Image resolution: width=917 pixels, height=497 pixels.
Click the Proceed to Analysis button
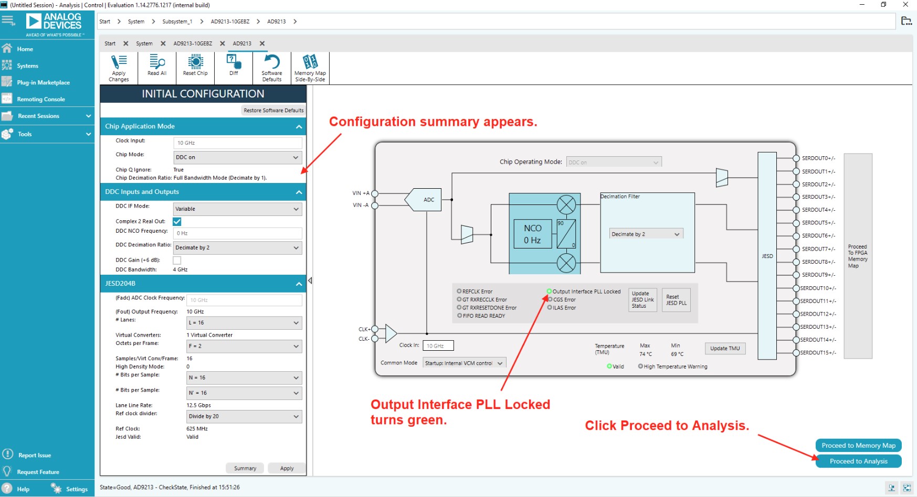point(858,461)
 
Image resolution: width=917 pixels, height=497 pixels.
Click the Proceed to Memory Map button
point(858,446)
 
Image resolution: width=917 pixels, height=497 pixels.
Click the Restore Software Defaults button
point(273,111)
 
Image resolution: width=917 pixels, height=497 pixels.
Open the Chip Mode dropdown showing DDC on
point(237,157)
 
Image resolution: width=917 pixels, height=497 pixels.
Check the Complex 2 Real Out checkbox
point(177,222)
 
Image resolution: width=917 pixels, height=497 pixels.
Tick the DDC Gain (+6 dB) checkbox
point(177,260)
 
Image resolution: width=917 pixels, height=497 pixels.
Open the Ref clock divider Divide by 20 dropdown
point(244,417)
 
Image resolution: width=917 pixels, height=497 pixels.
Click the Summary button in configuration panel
point(245,468)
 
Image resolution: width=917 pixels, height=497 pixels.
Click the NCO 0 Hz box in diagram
point(532,234)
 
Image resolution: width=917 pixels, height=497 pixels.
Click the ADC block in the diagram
point(428,200)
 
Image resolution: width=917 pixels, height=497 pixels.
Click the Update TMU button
point(725,349)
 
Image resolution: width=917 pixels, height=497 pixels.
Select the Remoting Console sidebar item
point(40,99)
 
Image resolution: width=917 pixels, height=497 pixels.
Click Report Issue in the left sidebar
point(34,455)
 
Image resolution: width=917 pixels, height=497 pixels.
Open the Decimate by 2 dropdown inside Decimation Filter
point(645,234)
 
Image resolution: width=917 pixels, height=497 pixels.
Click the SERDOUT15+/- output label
point(818,353)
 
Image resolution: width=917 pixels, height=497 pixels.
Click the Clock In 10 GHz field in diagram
point(438,346)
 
